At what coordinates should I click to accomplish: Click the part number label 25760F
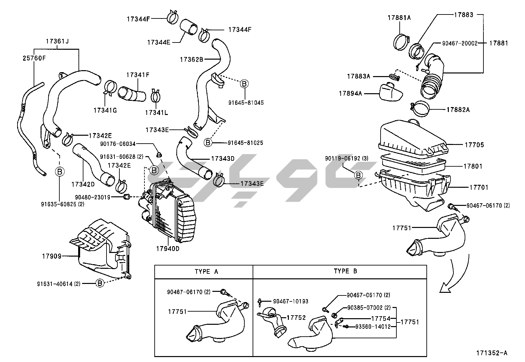[34, 58]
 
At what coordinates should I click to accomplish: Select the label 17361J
[57, 42]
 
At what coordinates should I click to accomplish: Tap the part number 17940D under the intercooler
[168, 248]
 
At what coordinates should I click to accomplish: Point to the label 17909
[52, 256]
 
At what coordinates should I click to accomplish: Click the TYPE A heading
[206, 271]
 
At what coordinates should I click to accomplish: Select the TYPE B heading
[345, 271]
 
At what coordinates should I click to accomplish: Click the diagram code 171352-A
[491, 353]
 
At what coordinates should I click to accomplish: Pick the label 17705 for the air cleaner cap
[474, 145]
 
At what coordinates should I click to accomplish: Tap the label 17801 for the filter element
[473, 166]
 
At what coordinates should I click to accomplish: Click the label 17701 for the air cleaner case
[479, 187]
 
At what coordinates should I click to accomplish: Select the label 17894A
[350, 94]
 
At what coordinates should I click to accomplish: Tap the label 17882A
[458, 110]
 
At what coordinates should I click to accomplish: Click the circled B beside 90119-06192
[358, 176]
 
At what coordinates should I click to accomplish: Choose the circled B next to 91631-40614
[100, 283]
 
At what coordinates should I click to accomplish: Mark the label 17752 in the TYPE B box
[296, 318]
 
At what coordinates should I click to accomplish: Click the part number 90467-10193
[291, 301]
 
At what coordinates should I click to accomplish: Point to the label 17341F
[138, 75]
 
